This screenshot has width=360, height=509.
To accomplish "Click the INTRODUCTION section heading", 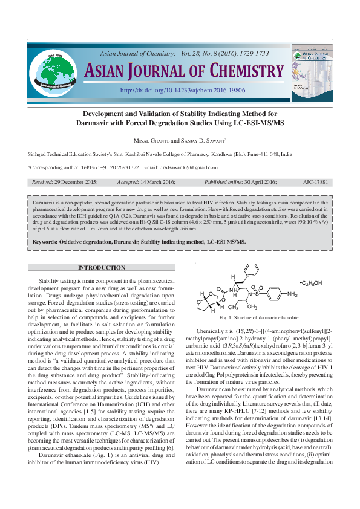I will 101,268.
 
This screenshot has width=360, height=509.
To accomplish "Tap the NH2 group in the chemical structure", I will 292,294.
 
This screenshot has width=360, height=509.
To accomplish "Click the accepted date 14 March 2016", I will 154,182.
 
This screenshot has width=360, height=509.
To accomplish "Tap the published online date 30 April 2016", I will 252,182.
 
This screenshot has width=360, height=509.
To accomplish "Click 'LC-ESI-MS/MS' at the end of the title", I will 260,123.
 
